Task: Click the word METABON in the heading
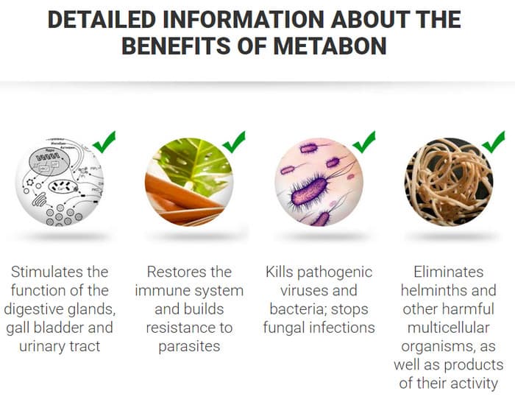click(330, 46)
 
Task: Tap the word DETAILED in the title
click(102, 19)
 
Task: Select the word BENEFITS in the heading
click(176, 46)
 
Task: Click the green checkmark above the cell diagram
click(104, 141)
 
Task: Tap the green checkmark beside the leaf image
click(234, 141)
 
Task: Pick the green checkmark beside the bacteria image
click(364, 141)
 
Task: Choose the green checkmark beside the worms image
click(494, 141)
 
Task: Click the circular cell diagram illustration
click(60, 182)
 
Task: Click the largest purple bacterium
click(310, 191)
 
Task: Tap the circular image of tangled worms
click(449, 182)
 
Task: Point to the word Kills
click(279, 272)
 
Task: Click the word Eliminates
click(449, 272)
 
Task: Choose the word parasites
click(189, 347)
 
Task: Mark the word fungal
click(285, 328)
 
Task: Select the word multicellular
click(449, 328)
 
